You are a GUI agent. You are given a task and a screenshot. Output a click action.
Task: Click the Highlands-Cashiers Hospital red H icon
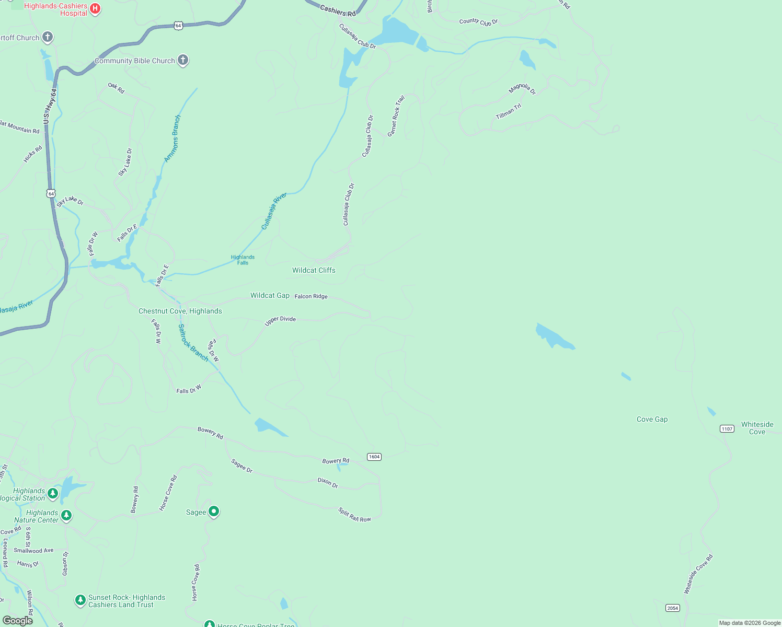coord(95,8)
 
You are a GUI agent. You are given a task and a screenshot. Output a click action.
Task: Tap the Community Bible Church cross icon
coord(182,60)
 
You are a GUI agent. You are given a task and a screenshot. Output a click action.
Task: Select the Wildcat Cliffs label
coord(314,270)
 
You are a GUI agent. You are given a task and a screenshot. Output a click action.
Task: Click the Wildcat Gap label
coord(270,295)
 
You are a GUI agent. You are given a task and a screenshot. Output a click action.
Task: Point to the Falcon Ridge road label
coord(311,296)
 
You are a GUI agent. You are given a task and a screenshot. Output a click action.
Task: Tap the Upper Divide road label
coord(280,320)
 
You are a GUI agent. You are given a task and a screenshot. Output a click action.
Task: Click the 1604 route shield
coord(374,457)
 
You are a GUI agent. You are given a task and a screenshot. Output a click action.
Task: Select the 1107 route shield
coord(727,429)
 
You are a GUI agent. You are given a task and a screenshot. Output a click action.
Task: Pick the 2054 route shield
coord(673,608)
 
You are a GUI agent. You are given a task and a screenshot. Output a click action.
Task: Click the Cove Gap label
coord(652,419)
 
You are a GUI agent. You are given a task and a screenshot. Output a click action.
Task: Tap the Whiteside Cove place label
coord(757,428)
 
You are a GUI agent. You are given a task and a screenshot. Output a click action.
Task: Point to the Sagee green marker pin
coord(214,511)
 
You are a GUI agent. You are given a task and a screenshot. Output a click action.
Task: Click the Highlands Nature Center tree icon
coord(66,515)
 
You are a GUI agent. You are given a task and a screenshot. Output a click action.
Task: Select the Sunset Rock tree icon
coord(80,600)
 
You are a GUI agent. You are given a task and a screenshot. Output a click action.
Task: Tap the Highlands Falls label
coord(243,260)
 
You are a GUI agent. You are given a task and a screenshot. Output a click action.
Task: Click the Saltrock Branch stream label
coord(193,343)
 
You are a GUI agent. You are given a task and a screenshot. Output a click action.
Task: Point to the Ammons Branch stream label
coord(172,138)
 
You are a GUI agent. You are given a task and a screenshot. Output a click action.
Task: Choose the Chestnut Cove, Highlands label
coord(180,311)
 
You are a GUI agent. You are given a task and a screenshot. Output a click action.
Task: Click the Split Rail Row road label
coord(354,515)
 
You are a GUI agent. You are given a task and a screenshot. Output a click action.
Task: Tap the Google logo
coord(18,620)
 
